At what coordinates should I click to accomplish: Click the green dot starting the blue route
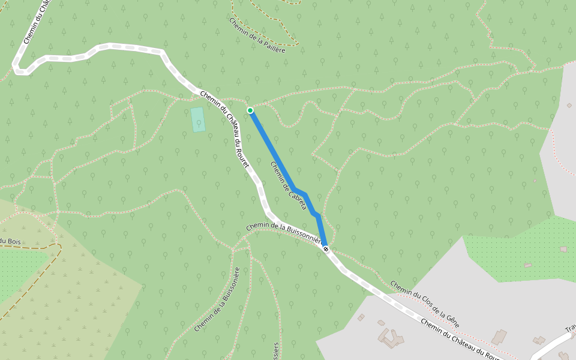[250, 110]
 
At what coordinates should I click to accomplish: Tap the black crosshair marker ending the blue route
[325, 248]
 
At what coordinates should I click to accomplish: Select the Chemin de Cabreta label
[288, 182]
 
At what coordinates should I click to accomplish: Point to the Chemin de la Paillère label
[257, 35]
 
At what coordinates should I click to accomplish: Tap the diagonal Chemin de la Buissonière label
[218, 300]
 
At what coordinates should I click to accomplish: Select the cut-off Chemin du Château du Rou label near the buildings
[461, 340]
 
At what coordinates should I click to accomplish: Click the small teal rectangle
[198, 119]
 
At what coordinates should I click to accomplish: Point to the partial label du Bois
[10, 241]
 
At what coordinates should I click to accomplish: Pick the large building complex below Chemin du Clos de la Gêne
[391, 337]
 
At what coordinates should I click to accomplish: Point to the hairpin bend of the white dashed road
[18, 69]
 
